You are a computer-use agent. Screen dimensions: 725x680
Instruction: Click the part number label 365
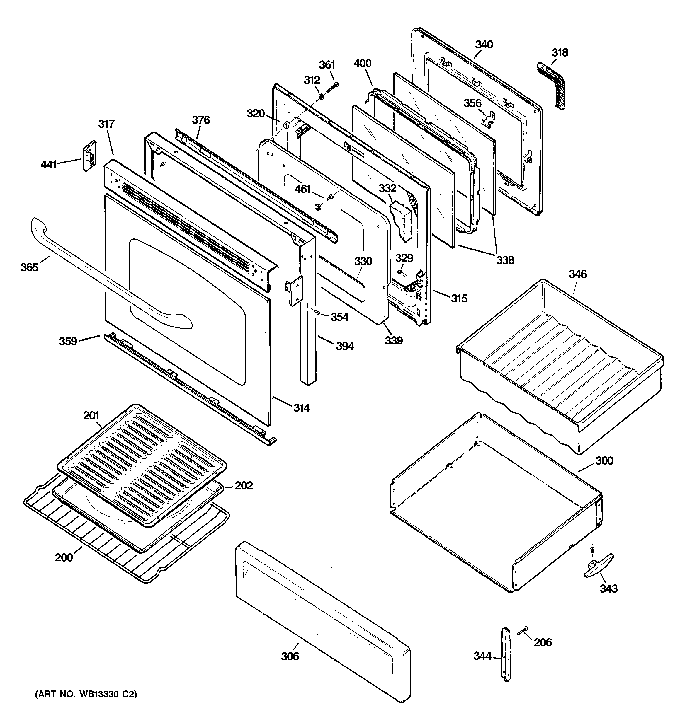click(x=29, y=267)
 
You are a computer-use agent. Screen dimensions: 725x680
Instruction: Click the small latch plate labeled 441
click(x=89, y=156)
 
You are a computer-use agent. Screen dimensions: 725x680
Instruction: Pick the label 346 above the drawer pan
click(x=577, y=274)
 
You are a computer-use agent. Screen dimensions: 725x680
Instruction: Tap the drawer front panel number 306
click(x=290, y=656)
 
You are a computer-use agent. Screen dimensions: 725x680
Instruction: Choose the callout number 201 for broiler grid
click(x=91, y=415)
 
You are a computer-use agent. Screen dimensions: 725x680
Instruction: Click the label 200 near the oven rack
click(x=64, y=558)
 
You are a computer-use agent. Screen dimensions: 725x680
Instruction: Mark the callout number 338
click(x=505, y=260)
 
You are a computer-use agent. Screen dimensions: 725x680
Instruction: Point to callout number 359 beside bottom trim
click(x=68, y=341)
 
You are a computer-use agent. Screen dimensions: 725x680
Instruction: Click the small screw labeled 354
click(x=317, y=312)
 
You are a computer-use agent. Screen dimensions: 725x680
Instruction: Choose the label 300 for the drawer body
click(x=604, y=460)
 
